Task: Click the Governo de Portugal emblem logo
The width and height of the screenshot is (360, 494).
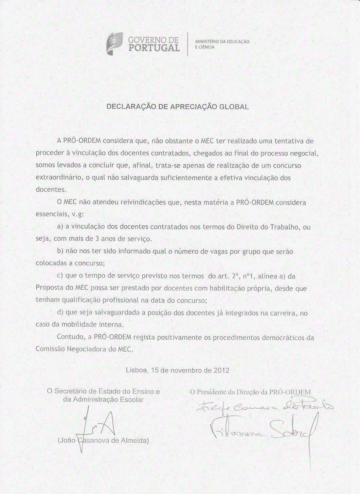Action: point(114,44)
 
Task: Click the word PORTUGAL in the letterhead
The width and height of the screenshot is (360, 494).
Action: point(154,48)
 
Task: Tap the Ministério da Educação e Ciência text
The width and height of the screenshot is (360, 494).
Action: point(222,44)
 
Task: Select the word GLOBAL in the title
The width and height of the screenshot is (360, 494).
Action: point(234,107)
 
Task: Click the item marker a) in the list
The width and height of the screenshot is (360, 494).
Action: point(60,226)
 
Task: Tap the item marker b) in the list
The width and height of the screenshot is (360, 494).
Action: point(60,251)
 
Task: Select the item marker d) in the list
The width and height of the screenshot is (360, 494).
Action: point(60,312)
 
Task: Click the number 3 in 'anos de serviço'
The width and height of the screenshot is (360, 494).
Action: point(97,239)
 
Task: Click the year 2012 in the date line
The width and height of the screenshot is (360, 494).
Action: point(221,370)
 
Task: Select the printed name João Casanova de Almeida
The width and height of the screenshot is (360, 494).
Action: point(103,440)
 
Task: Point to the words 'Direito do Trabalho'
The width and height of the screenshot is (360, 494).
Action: point(268,227)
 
